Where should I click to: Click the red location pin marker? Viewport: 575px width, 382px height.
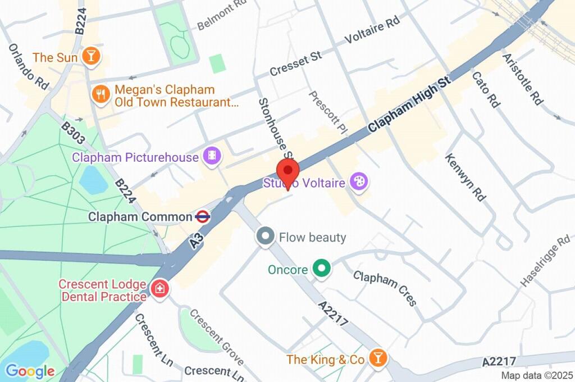[288, 170]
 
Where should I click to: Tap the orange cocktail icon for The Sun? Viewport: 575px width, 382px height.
[90, 56]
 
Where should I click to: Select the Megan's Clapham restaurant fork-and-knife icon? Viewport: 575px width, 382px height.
[101, 95]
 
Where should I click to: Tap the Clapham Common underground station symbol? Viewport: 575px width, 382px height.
[203, 216]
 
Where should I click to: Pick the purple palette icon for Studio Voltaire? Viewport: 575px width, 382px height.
[358, 181]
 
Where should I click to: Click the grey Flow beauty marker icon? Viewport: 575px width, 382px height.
[265, 237]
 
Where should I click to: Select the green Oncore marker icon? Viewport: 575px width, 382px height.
[321, 269]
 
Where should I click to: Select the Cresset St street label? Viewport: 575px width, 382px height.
[295, 64]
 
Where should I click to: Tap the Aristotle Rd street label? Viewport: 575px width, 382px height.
[523, 79]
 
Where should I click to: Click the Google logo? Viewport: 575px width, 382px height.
[30, 371]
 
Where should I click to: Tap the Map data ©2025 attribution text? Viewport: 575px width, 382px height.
[536, 375]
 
